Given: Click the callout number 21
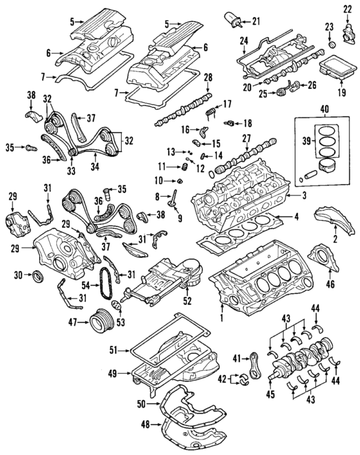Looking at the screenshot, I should (x=257, y=22).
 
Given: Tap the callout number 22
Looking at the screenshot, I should (x=348, y=8).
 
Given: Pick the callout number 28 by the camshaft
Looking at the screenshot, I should (x=208, y=78).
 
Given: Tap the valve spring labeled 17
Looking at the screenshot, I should (x=211, y=112).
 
